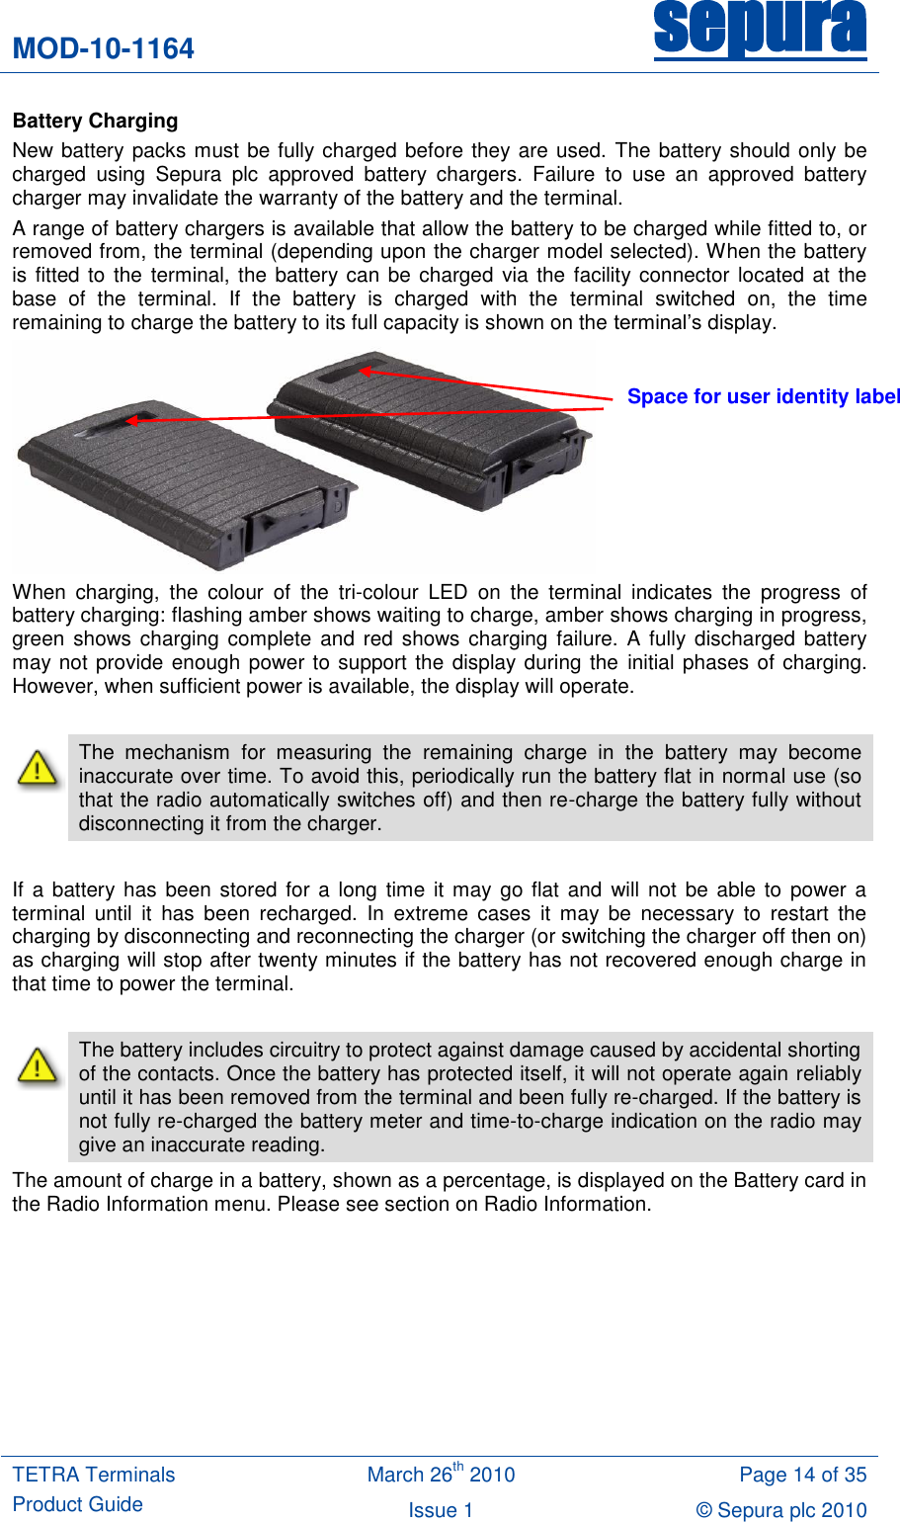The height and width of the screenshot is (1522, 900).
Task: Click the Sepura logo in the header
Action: pos(760,30)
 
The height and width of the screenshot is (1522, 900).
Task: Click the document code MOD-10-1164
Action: pos(104,48)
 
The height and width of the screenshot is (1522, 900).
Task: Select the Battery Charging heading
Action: pos(96,121)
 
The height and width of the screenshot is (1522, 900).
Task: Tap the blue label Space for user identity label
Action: pos(763,396)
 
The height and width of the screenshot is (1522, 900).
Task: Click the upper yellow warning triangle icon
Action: pos(38,769)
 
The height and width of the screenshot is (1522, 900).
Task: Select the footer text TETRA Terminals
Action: pos(94,1475)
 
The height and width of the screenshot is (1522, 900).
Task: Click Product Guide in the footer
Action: pos(78,1504)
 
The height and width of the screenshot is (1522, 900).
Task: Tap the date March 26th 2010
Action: pos(441,1475)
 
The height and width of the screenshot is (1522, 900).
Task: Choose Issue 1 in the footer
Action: pos(441,1510)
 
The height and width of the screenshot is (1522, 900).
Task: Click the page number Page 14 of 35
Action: pos(802,1475)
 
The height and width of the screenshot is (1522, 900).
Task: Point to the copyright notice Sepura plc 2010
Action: pos(781,1510)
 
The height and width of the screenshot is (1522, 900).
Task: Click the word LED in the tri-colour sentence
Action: pos(448,592)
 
